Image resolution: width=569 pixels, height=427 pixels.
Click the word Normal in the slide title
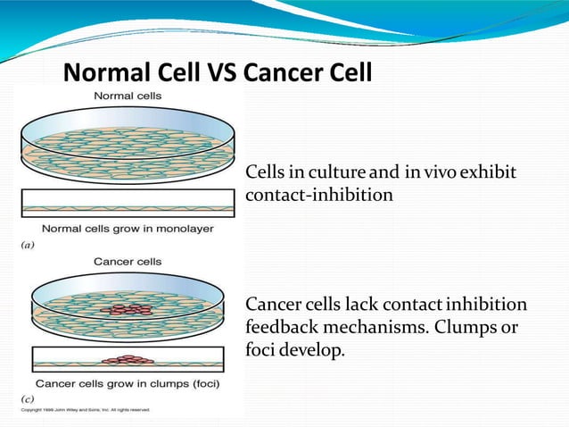pos(106,71)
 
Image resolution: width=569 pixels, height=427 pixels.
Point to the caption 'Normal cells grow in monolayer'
pos(128,229)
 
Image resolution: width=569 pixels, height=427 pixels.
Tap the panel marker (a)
pos(28,242)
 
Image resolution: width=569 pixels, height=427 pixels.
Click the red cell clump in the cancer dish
pos(127,310)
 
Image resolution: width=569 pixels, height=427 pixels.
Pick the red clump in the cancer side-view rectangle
pos(128,360)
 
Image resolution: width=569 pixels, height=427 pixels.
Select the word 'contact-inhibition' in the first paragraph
pos(318,194)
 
